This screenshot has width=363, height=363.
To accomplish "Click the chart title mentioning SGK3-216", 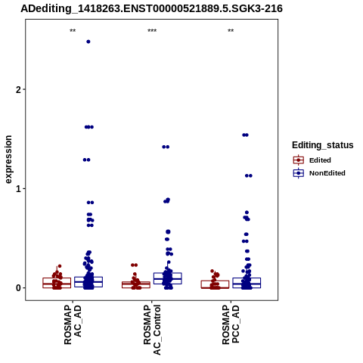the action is pyautogui.click(x=151, y=8).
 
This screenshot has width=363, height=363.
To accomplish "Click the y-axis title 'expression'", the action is pyautogui.click(x=8, y=160).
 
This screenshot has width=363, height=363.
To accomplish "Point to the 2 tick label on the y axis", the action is pyautogui.click(x=18, y=89).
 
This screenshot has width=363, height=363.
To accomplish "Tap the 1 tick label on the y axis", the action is pyautogui.click(x=18, y=188).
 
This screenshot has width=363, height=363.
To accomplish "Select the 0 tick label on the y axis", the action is pyautogui.click(x=18, y=288).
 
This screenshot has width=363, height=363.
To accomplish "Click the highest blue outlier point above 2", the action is pyautogui.click(x=88, y=42).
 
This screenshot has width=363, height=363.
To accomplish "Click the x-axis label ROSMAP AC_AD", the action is pyautogui.click(x=73, y=324).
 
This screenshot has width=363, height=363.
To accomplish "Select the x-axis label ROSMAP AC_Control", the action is pyautogui.click(x=152, y=330).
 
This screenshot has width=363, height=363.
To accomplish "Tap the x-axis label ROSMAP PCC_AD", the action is pyautogui.click(x=231, y=324).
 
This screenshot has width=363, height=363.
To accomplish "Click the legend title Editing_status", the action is pyautogui.click(x=323, y=145).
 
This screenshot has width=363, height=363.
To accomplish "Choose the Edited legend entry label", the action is pyautogui.click(x=320, y=160).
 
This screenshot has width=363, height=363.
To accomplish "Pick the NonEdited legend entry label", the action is pyautogui.click(x=327, y=173).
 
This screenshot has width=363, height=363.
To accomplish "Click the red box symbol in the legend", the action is pyautogui.click(x=299, y=160).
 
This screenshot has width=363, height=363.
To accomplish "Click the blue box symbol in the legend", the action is pyautogui.click(x=299, y=173).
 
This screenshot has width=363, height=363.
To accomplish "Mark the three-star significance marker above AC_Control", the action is pyautogui.click(x=152, y=31).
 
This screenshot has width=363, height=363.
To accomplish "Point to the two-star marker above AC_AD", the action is pyautogui.click(x=73, y=31).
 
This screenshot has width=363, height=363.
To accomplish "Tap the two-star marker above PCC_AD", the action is pyautogui.click(x=231, y=31).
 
